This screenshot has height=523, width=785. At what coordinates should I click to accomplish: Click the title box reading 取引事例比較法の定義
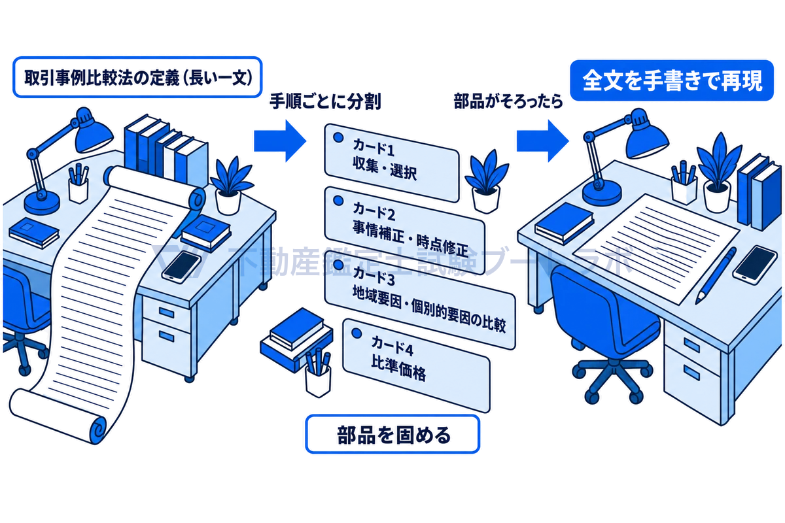tap(137, 77)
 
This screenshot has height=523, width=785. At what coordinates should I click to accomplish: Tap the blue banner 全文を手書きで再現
tap(672, 80)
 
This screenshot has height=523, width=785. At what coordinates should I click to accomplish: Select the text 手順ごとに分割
tap(325, 102)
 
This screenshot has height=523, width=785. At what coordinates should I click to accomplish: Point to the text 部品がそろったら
tap(508, 101)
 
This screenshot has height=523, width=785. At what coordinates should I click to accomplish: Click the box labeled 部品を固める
tap(392, 434)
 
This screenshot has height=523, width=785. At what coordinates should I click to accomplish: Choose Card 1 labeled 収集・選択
tap(392, 163)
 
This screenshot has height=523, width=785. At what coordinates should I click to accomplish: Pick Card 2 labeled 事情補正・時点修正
tap(405, 231)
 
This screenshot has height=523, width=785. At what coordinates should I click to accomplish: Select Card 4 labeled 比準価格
tap(416, 365)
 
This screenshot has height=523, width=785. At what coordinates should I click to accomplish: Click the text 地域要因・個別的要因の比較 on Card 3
tap(429, 311)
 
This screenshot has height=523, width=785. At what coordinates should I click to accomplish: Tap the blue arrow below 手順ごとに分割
tap(280, 141)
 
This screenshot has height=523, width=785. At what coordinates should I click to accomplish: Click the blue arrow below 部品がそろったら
tap(542, 141)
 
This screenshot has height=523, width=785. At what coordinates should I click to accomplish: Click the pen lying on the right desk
tap(716, 276)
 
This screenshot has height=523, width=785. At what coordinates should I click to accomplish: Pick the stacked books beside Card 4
tap(296, 339)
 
